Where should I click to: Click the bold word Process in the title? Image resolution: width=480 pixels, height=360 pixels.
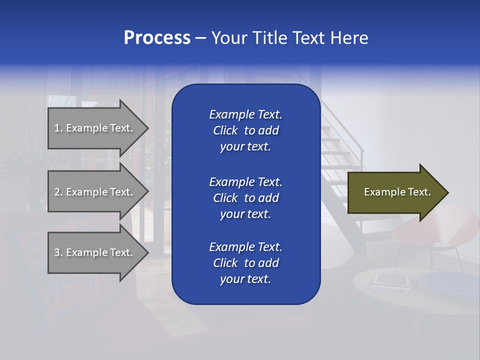tap(157, 38)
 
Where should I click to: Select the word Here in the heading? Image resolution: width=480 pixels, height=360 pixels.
tap(349, 38)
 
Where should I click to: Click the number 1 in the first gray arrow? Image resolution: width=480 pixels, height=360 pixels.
tap(57, 128)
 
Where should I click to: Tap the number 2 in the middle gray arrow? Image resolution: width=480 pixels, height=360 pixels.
tap(57, 192)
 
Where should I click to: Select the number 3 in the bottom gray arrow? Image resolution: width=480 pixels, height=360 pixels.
tap(57, 252)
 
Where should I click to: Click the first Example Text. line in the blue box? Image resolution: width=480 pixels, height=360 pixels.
tap(245, 114)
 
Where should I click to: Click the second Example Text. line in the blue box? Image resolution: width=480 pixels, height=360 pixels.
tap(245, 181)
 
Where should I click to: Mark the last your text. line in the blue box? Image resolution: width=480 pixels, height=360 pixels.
tap(245, 279)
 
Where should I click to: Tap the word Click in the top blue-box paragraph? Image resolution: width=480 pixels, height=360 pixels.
tap(225, 130)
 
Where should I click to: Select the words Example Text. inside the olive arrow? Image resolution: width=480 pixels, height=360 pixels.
tap(397, 192)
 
